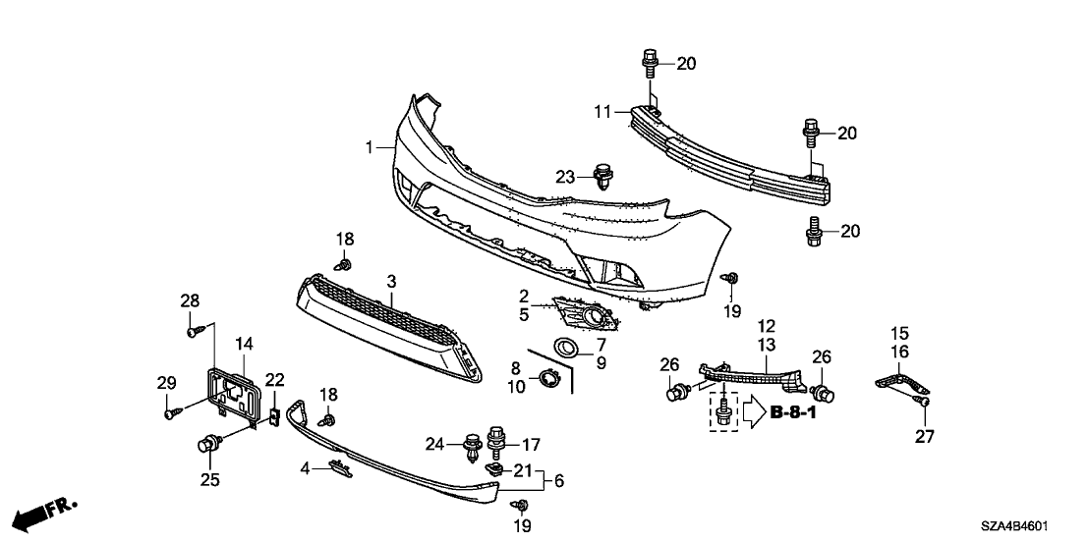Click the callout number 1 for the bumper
[x=370, y=147]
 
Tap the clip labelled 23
[x=602, y=178]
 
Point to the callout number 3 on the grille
[x=391, y=282]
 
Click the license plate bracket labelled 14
[x=232, y=392]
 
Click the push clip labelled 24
[x=471, y=449]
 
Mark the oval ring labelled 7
[x=566, y=346]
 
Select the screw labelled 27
[x=924, y=400]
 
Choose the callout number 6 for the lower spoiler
[x=559, y=481]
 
